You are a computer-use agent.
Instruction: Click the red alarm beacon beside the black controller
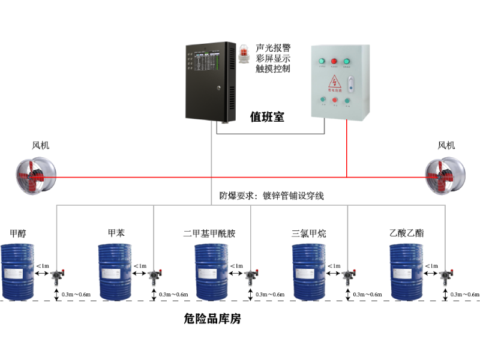point(244,54)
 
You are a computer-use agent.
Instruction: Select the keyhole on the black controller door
point(219,88)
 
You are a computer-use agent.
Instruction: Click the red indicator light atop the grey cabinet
point(334,61)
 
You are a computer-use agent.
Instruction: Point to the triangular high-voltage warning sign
point(334,82)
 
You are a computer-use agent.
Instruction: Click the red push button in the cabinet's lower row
point(334,100)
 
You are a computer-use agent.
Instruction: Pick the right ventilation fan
point(444,175)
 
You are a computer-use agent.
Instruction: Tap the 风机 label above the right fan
point(446,145)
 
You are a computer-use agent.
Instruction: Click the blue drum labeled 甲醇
point(19,271)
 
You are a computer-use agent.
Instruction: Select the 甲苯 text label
point(116,233)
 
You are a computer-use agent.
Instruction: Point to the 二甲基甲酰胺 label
point(209,233)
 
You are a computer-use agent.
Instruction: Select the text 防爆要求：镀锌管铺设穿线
point(271,196)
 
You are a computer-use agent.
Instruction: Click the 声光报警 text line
point(272,47)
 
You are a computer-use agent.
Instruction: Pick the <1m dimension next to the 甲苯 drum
point(139,265)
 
